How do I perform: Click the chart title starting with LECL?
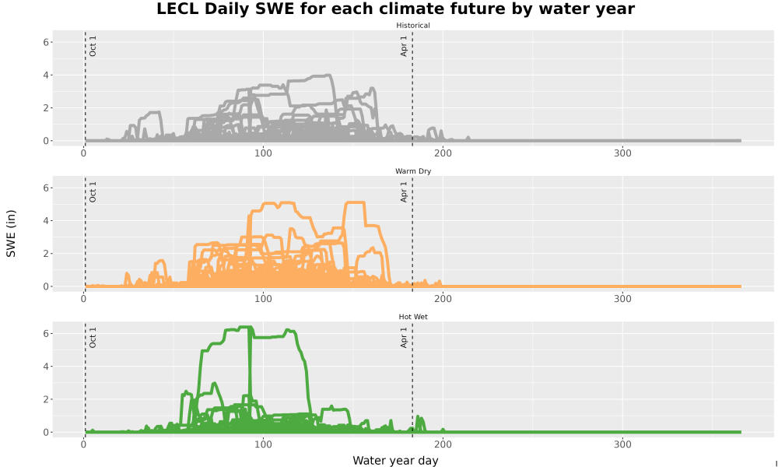(395, 9)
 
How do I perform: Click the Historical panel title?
(413, 26)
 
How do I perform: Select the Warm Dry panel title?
(413, 171)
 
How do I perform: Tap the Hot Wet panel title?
(413, 317)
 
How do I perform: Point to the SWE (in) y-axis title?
(11, 233)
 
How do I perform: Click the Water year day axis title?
(395, 461)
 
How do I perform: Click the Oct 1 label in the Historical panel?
(93, 46)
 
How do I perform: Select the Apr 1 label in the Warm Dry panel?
(404, 192)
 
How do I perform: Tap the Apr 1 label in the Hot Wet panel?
(404, 338)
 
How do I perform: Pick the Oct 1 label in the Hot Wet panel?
(93, 338)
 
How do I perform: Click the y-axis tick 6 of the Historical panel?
(46, 42)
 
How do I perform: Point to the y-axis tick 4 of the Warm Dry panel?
(46, 221)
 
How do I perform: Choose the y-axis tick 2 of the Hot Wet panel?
(46, 399)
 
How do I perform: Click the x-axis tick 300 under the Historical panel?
(622, 153)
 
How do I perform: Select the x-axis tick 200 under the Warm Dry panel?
(443, 299)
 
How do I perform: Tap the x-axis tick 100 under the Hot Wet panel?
(263, 444)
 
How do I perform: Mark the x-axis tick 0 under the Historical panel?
(83, 153)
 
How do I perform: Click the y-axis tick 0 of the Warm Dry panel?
(46, 286)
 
